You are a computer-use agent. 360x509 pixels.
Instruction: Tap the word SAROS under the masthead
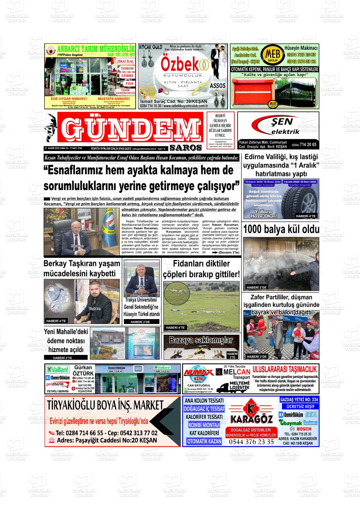click(x=185, y=148)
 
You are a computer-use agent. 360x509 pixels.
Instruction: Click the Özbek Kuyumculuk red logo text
click(x=181, y=64)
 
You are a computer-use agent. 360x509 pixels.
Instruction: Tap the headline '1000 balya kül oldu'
click(x=281, y=229)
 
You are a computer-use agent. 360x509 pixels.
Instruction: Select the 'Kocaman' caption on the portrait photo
click(x=78, y=246)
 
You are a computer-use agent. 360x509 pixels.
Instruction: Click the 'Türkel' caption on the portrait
click(x=140, y=286)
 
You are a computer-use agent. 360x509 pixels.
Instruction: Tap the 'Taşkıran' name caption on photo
click(x=94, y=308)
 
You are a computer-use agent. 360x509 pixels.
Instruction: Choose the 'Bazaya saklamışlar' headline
click(x=201, y=340)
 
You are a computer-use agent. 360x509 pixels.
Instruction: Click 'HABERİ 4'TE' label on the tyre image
click(x=305, y=216)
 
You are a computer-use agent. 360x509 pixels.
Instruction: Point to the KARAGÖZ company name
click(x=251, y=419)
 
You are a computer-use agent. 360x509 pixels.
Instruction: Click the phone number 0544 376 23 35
click(x=251, y=442)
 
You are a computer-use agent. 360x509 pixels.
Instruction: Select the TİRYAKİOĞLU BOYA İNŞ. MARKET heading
click(x=105, y=405)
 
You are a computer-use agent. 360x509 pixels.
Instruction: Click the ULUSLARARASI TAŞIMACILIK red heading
click(x=285, y=369)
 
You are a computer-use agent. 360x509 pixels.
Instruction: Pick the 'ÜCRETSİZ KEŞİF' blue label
click(x=299, y=406)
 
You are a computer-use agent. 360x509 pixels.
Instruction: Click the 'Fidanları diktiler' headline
click(x=201, y=263)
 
